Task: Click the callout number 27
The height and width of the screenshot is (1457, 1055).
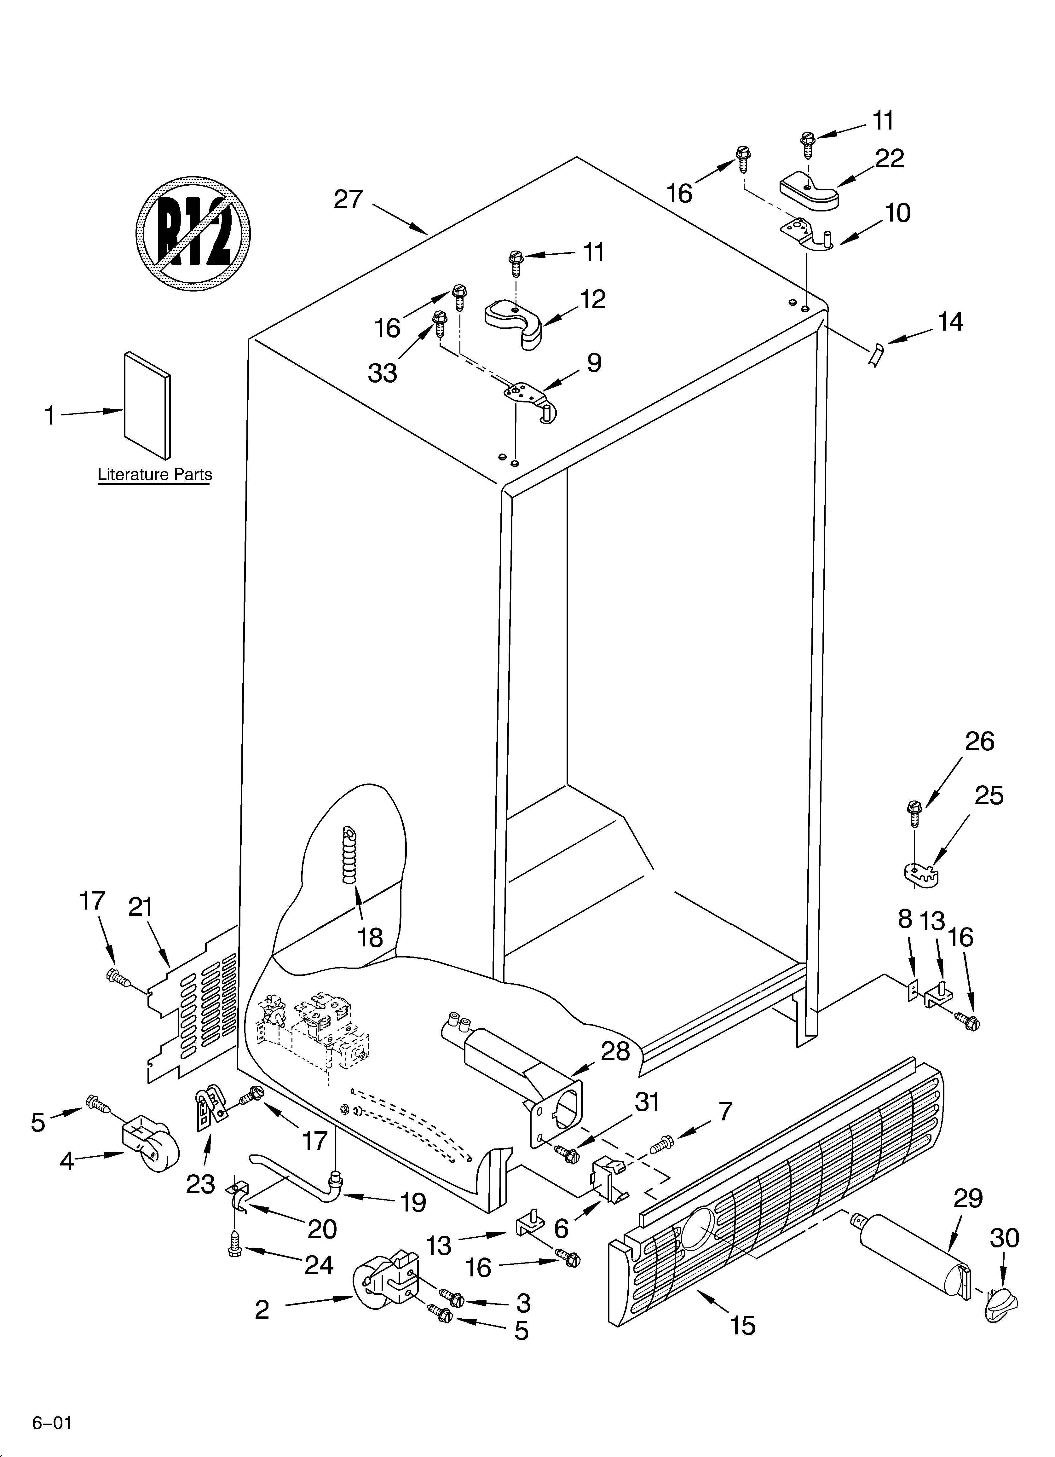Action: [x=348, y=200]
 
